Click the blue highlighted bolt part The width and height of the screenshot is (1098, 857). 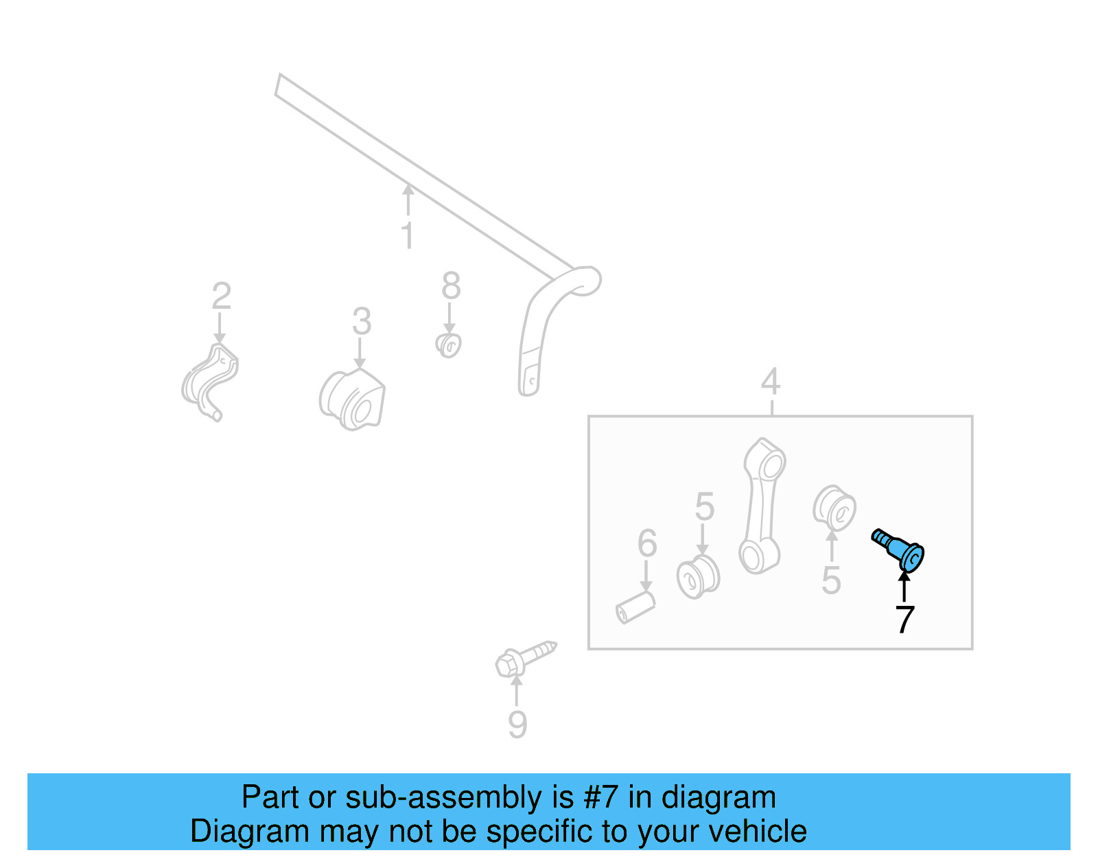[x=899, y=549]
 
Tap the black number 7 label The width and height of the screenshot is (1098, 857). [x=904, y=620]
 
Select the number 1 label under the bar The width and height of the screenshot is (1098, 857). [x=407, y=235]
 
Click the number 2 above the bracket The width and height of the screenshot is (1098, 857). [x=221, y=296]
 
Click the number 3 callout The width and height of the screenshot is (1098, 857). [x=362, y=321]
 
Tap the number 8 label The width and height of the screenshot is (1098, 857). [x=451, y=285]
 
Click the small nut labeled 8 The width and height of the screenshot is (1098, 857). [x=449, y=345]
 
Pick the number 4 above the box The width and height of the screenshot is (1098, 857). [x=771, y=381]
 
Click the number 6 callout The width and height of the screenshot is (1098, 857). [x=647, y=543]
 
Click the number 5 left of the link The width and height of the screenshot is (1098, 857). [x=704, y=506]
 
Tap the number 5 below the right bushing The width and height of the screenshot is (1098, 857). [x=831, y=580]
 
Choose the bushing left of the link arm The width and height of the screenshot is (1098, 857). [x=697, y=577]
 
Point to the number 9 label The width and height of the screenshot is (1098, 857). [x=517, y=724]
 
